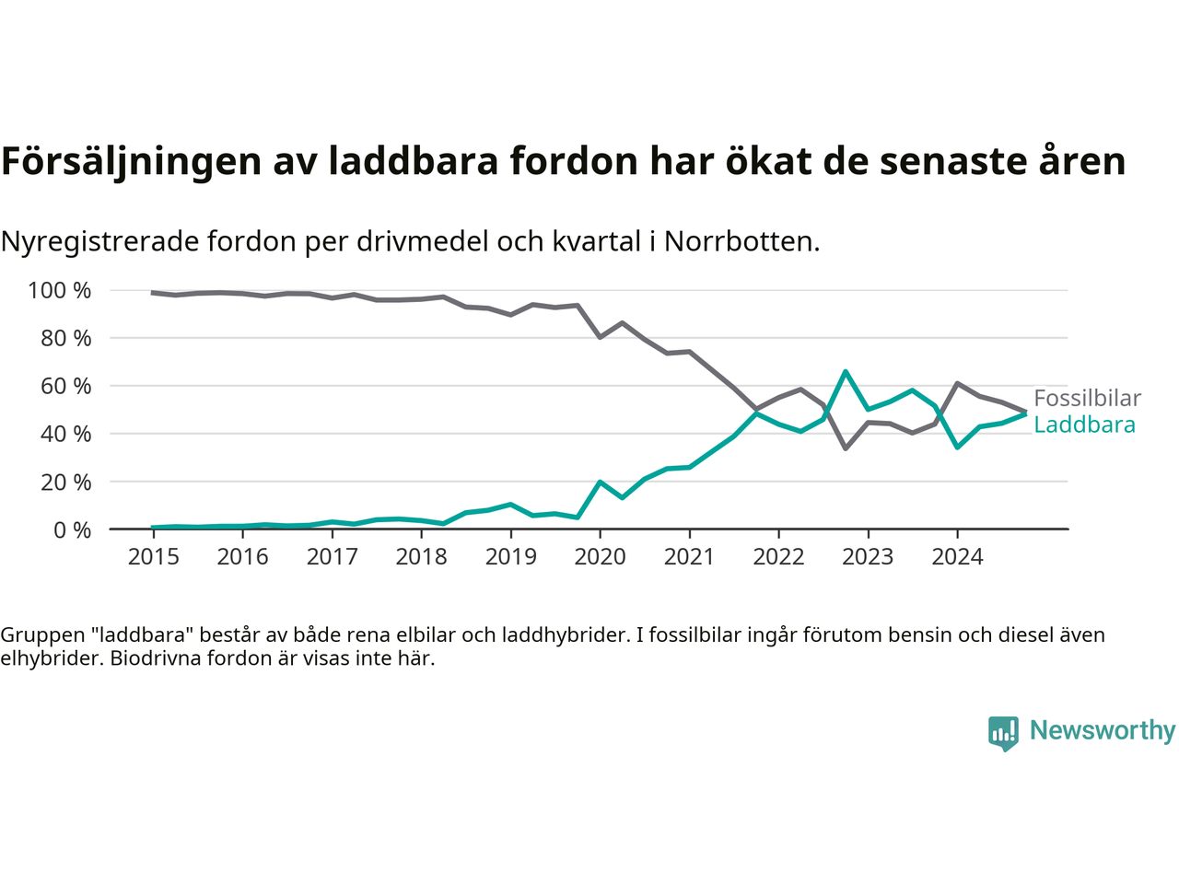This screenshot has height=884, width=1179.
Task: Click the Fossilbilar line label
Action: coord(1087,398)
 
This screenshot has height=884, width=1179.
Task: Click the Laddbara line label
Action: coord(1084,425)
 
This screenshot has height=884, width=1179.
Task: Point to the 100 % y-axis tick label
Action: coord(60,291)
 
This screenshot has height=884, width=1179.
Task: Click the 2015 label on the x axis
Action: coord(153,557)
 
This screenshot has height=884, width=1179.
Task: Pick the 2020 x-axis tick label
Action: coord(600,557)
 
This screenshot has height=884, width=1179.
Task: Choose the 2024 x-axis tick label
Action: coord(957,557)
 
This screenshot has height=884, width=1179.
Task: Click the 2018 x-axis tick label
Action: coord(421,557)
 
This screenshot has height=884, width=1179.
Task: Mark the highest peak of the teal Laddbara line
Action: coord(846,372)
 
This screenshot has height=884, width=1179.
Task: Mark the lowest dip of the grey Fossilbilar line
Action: coord(846,448)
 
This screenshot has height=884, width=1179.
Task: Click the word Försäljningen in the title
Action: coord(131,161)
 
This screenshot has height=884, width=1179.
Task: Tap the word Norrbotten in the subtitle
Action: coord(741,241)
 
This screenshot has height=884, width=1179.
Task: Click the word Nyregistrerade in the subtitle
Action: coord(99,241)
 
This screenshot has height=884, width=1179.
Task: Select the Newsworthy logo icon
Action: coord(1003,733)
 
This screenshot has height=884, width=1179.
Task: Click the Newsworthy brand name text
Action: coord(1103,730)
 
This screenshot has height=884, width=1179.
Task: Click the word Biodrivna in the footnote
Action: coord(151,658)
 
